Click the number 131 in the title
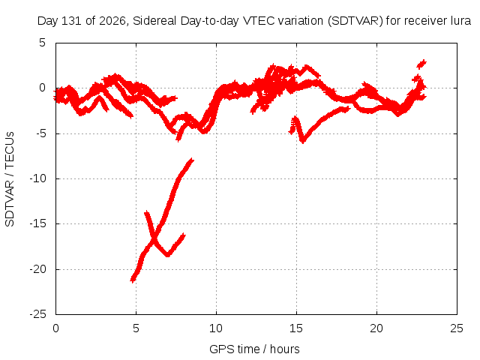click(x=72, y=21)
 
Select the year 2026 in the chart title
click(x=112, y=21)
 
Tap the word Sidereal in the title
click(x=154, y=21)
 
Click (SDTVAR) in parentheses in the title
click(x=355, y=21)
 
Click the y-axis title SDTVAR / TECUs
click(x=10, y=179)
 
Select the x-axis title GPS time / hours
click(x=254, y=349)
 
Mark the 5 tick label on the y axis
click(x=42, y=43)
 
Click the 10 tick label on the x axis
click(x=216, y=328)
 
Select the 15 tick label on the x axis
click(x=296, y=328)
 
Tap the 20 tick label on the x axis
click(x=376, y=328)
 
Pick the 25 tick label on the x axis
click(x=457, y=328)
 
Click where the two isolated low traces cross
click(x=154, y=237)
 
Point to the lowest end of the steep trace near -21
click(x=133, y=280)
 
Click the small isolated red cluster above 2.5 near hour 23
click(x=421, y=64)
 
